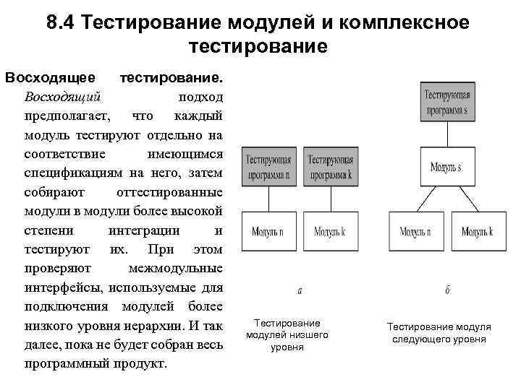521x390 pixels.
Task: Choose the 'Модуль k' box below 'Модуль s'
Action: click(478, 231)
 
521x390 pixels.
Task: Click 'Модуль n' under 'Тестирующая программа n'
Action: click(268, 231)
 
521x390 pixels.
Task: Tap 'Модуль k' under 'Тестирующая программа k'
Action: click(329, 231)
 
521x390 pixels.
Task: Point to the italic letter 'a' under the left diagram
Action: click(300, 291)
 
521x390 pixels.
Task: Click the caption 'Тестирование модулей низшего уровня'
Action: click(287, 335)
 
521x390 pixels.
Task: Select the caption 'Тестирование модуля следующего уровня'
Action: click(439, 333)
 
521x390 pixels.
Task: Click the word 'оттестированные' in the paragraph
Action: click(169, 193)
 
